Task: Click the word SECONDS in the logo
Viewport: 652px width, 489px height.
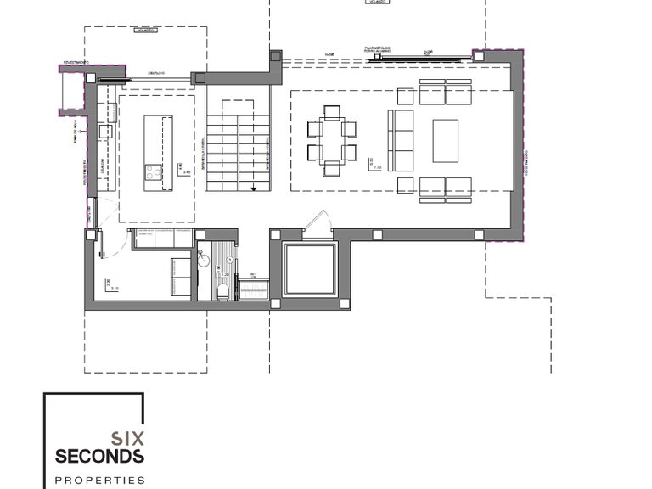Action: (x=99, y=456)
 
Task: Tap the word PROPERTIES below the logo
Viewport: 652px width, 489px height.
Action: (x=99, y=480)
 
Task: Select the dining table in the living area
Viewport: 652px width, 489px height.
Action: (x=331, y=141)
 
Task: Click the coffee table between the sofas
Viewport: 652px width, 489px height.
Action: (x=445, y=141)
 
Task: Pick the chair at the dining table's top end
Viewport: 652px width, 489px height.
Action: (x=331, y=111)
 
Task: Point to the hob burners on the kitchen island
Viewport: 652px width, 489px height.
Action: (x=154, y=172)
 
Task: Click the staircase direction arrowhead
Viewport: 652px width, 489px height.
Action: (x=254, y=188)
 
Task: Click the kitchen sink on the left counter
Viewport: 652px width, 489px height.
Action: (x=101, y=132)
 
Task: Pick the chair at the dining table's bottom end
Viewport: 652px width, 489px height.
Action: (x=331, y=171)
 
